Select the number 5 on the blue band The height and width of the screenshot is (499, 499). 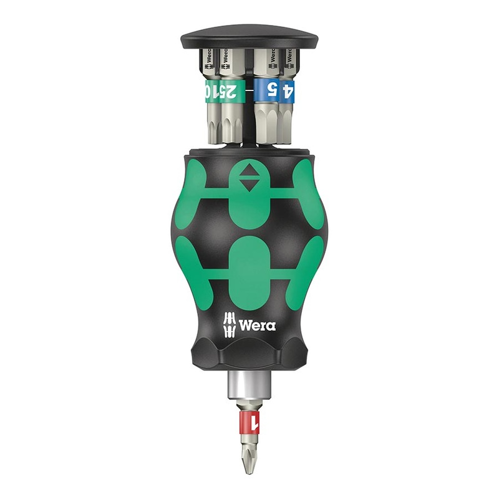tap(271, 90)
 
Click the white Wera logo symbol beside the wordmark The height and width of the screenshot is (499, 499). tap(231, 322)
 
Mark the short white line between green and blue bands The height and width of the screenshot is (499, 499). tap(249, 91)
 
